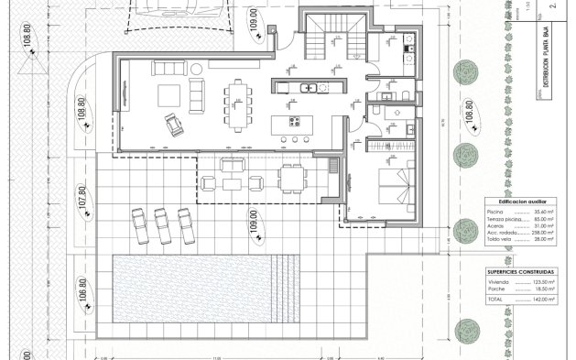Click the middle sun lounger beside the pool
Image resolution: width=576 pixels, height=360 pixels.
[x=163, y=224]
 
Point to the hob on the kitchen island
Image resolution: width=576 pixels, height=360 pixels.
[x=295, y=120]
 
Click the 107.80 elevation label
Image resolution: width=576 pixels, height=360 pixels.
[x=82, y=202]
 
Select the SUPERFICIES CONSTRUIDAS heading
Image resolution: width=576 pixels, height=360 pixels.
[x=518, y=272]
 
